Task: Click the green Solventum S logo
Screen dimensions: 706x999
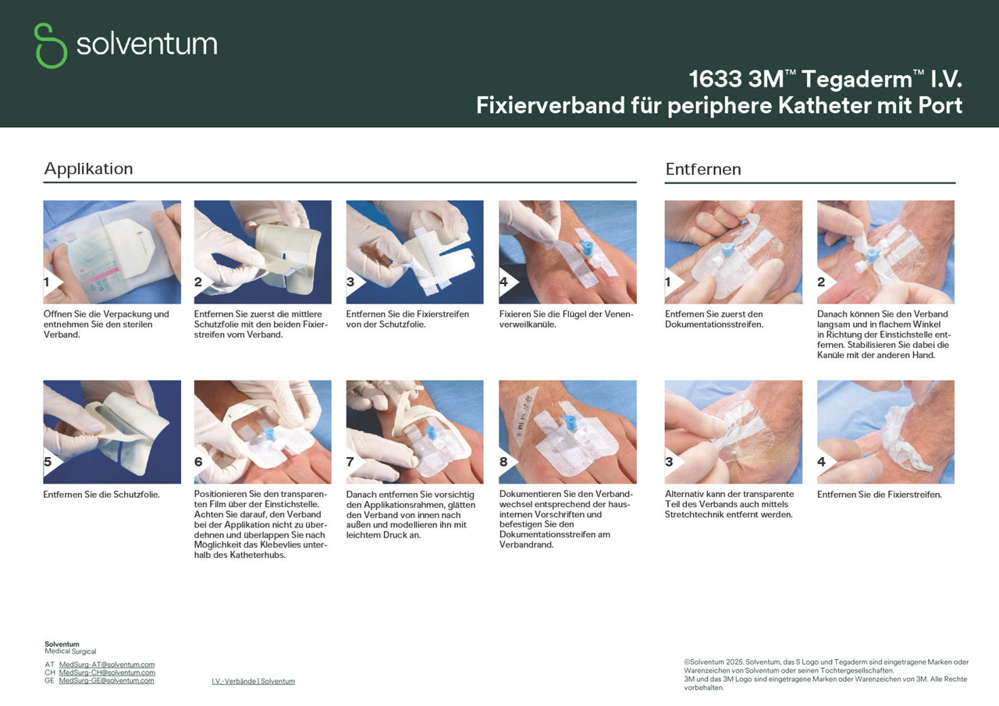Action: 51,45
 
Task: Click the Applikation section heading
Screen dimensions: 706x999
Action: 88,169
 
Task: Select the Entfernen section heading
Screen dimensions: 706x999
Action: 702,169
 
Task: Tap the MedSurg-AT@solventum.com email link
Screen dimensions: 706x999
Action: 106,665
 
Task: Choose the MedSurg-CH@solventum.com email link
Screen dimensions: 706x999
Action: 107,672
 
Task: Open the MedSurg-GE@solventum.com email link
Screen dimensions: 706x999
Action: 106,680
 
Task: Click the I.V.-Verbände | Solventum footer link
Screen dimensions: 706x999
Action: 253,681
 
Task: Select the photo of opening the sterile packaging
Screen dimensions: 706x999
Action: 112,252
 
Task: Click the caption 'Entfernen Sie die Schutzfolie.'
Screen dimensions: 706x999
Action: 101,495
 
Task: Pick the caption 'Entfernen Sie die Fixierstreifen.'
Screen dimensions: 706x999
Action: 879,495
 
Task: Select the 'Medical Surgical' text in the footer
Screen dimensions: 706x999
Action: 70,651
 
